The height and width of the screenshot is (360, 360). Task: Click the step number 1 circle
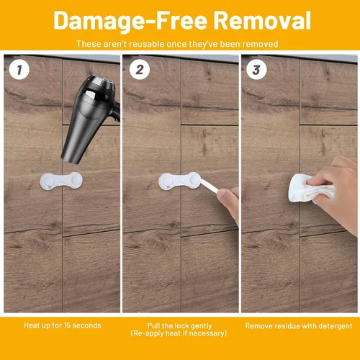(x=19, y=70)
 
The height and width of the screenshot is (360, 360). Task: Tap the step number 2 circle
(x=140, y=70)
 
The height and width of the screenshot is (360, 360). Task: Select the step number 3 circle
(x=256, y=70)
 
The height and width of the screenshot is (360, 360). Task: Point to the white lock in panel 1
(x=61, y=181)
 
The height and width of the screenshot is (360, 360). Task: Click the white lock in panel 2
(x=179, y=181)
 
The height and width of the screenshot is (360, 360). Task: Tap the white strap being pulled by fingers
(x=210, y=186)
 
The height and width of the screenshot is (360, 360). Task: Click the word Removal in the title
(x=262, y=21)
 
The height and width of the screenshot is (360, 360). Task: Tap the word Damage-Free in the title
(x=130, y=21)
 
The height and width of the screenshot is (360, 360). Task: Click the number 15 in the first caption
(x=67, y=325)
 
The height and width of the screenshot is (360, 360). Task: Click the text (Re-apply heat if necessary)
(x=179, y=333)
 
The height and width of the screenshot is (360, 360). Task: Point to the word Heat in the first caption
(x=31, y=325)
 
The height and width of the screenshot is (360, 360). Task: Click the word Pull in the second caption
(x=153, y=326)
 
